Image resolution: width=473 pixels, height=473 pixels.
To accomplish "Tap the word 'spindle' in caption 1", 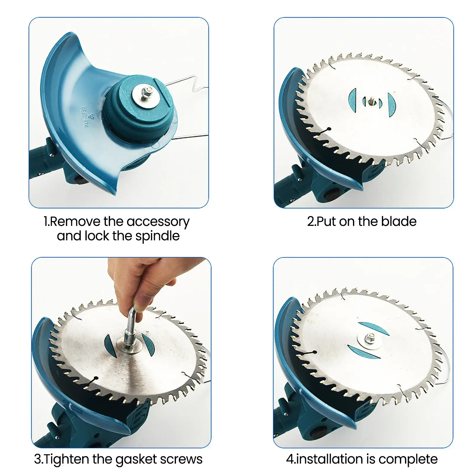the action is (x=158, y=236).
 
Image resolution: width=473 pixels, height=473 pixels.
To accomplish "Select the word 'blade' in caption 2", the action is (x=399, y=221).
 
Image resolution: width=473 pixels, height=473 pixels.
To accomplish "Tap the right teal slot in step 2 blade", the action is (x=391, y=104).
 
